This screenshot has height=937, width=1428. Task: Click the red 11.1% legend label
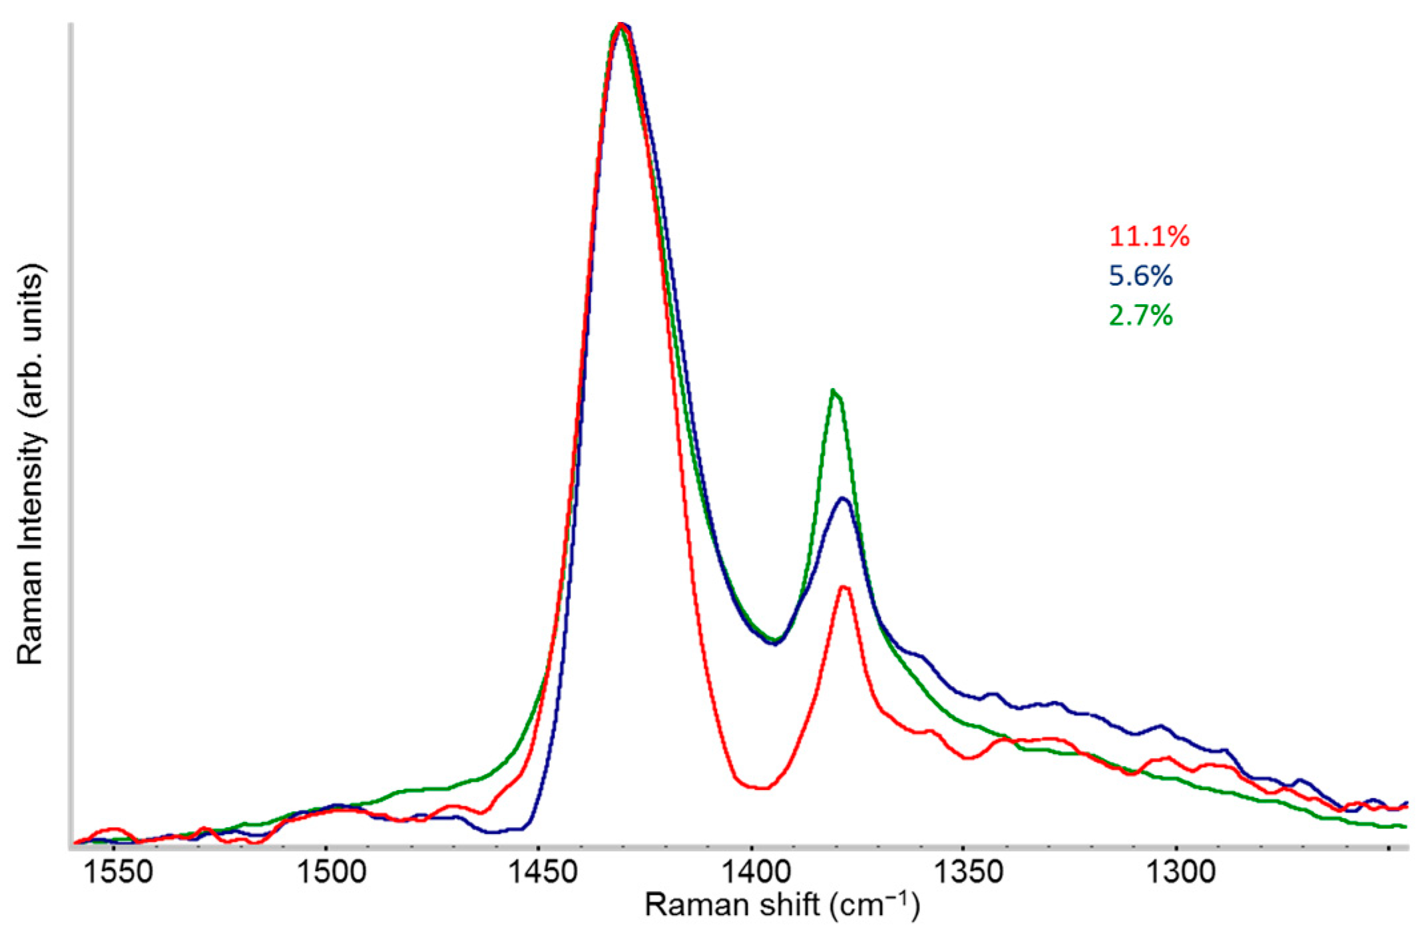[x=1149, y=236]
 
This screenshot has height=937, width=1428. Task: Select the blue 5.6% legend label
[x=1140, y=276]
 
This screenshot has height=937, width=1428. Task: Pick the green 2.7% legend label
[x=1140, y=315]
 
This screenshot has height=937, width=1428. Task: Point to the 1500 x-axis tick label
[x=330, y=871]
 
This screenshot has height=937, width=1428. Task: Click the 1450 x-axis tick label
[x=543, y=871]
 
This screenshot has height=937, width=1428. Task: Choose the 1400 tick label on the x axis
[x=756, y=871]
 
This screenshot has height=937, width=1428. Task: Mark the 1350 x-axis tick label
[x=969, y=871]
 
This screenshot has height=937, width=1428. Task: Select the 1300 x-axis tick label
[x=1181, y=871]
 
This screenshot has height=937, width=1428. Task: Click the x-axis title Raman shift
[x=782, y=906]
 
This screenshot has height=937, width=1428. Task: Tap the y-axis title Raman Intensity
[x=31, y=464]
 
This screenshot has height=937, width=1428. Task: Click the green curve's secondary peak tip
[x=833, y=390]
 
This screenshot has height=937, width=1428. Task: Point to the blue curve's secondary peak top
[x=843, y=498]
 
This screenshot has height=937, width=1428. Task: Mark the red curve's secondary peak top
[x=844, y=587]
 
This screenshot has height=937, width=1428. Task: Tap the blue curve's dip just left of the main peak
[x=493, y=831]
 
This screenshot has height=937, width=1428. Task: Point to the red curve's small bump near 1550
[x=113, y=829]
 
